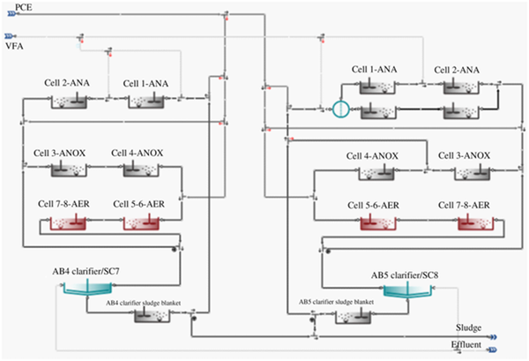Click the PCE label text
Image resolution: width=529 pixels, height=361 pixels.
24,7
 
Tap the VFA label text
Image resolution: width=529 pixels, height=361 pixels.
14,46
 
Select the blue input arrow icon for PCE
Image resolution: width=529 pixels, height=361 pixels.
11,14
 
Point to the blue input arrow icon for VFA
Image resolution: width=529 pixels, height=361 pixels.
9,36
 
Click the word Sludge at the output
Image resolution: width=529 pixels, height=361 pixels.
469,328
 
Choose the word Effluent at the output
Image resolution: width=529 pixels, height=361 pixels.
466,345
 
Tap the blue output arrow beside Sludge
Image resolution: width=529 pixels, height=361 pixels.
493,337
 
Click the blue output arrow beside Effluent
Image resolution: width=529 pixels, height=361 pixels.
493,350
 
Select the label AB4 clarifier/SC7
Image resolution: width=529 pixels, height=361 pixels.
86,272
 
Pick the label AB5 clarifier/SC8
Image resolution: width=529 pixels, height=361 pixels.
405,275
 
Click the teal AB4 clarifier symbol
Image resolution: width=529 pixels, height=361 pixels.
87,288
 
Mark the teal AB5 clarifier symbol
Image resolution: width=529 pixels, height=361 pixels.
408,290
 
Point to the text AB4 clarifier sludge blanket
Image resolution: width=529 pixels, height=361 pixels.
144,303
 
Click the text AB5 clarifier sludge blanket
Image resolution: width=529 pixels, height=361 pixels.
336,302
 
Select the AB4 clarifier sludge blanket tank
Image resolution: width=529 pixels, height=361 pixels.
153,315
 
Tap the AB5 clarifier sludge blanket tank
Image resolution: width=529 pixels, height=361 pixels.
354,317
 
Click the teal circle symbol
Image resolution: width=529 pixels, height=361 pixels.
340,109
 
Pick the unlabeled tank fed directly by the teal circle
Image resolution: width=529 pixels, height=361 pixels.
378,112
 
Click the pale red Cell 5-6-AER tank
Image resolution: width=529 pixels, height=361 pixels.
141,223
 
